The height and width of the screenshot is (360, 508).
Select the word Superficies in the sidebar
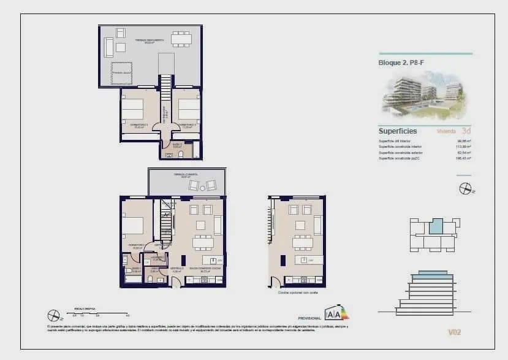pyautogui.click(x=398, y=131)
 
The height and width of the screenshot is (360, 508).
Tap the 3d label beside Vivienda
pyautogui.click(x=466, y=131)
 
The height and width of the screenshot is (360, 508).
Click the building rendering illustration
pyautogui.click(x=424, y=96)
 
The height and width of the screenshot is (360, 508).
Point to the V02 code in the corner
pyautogui.click(x=454, y=332)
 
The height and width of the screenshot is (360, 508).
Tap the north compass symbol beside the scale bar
pyautogui.click(x=53, y=315)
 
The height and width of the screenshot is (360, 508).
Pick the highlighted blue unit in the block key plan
pyautogui.click(x=435, y=226)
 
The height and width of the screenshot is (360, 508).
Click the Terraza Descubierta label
pyautogui.click(x=150, y=40)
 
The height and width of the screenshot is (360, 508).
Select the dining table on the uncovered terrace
pyautogui.click(x=181, y=39)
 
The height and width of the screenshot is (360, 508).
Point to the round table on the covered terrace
pyautogui.click(x=202, y=185)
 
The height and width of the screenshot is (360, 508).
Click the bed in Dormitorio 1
pyautogui.click(x=132, y=225)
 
